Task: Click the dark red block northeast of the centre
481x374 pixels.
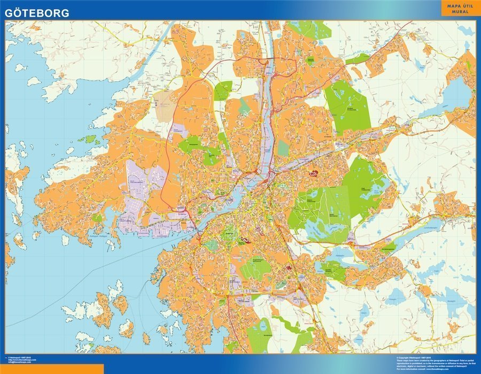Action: tap(314, 173)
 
